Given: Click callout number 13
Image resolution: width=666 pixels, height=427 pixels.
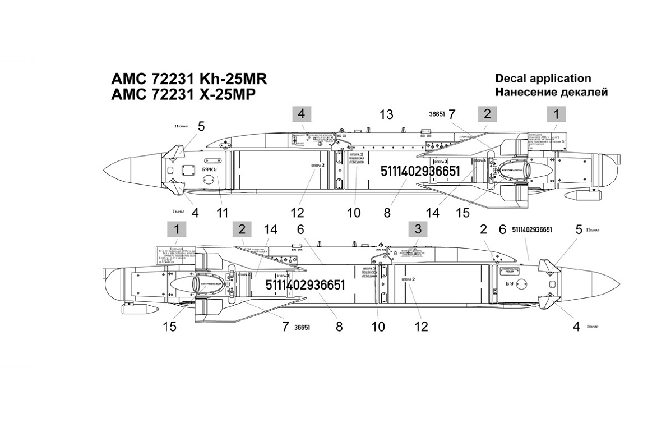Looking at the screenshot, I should [x=386, y=114].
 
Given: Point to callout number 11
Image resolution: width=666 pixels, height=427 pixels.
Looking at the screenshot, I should [x=223, y=213].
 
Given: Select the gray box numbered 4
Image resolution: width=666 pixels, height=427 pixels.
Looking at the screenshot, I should [x=301, y=114].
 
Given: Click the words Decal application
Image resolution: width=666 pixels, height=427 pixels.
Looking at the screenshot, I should [x=543, y=79].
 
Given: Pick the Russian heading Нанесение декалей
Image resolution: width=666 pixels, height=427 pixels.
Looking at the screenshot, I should [x=552, y=91].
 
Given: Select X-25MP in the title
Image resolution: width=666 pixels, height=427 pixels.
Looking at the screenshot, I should [x=224, y=95].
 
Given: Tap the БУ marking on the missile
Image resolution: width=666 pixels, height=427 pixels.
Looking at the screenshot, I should [x=509, y=284].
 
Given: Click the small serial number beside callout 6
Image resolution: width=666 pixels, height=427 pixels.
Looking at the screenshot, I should [x=532, y=230].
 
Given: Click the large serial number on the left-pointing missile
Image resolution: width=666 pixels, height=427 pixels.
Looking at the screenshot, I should [x=420, y=171].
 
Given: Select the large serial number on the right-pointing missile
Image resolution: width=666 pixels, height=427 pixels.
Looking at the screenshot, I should [x=305, y=285].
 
